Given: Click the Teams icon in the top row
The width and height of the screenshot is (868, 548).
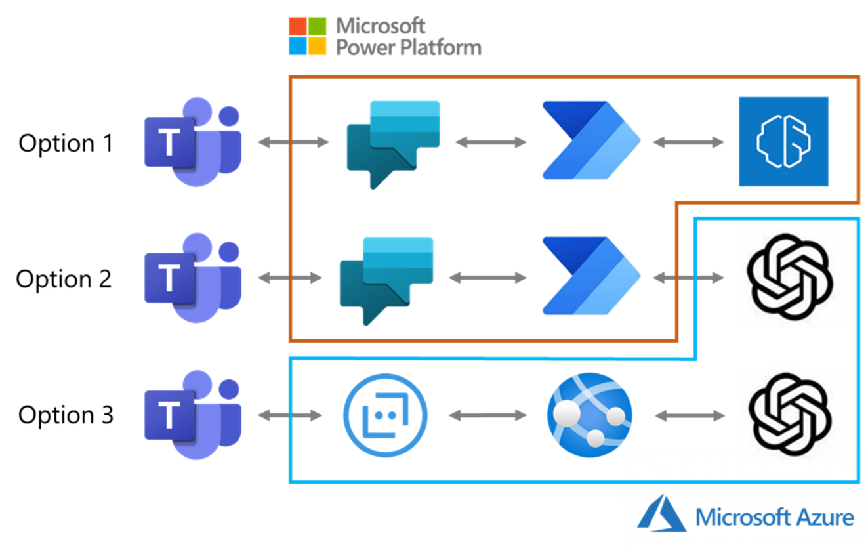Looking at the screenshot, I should pyautogui.click(x=192, y=142).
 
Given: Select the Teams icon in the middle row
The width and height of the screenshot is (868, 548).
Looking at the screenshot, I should pyautogui.click(x=192, y=278).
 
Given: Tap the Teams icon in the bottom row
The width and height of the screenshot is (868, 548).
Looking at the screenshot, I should pyautogui.click(x=192, y=415).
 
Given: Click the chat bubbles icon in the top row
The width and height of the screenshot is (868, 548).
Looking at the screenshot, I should pyautogui.click(x=392, y=143).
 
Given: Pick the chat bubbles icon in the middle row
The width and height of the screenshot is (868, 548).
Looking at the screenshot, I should pyautogui.click(x=386, y=280).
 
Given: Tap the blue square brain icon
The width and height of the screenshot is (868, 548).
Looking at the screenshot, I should pyautogui.click(x=783, y=142).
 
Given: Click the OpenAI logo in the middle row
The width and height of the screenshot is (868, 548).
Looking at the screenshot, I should pyautogui.click(x=793, y=278).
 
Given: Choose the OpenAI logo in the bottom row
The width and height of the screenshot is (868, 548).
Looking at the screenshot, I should pyautogui.click(x=793, y=415).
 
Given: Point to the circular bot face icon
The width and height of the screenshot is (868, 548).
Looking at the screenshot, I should pyautogui.click(x=385, y=415).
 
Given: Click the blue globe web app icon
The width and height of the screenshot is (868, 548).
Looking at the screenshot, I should pyautogui.click(x=589, y=415).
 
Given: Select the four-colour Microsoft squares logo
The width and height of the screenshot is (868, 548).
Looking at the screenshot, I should pyautogui.click(x=308, y=36).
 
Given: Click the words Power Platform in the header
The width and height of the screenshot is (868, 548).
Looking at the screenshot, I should pyautogui.click(x=408, y=47).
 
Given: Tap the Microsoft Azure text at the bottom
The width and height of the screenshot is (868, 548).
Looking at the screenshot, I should pyautogui.click(x=775, y=517).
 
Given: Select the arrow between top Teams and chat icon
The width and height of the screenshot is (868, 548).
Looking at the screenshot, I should pyautogui.click(x=293, y=142).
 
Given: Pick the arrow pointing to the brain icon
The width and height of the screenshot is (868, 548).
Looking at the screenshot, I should pyautogui.click(x=688, y=142).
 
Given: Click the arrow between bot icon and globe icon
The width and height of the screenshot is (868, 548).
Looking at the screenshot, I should pyautogui.click(x=487, y=415).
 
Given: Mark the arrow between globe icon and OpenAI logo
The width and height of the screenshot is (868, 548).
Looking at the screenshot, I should pyautogui.click(x=690, y=415).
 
